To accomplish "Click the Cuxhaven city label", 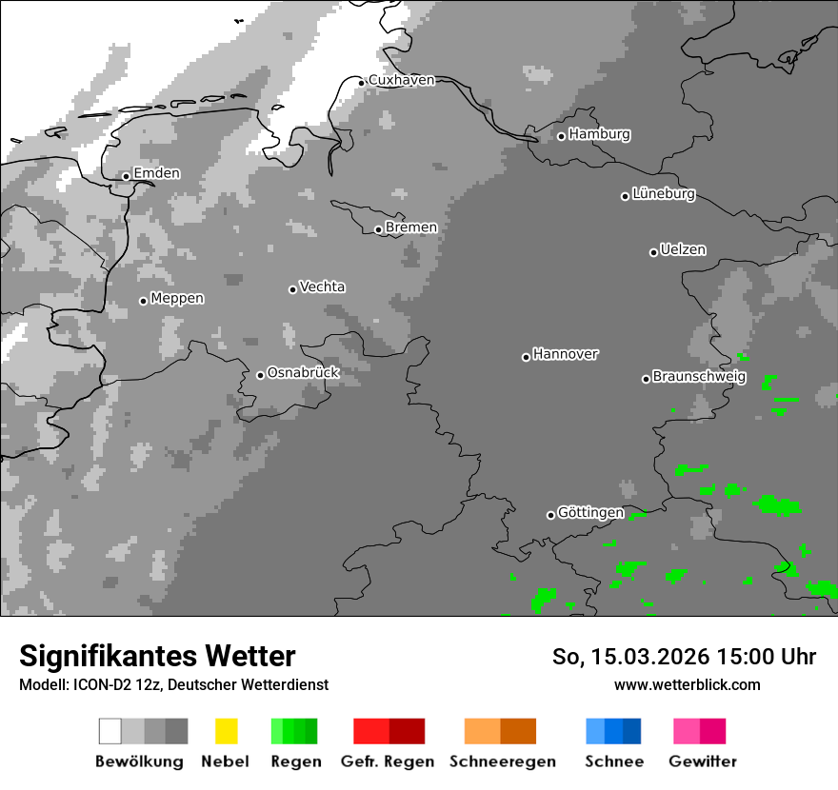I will click(401, 81).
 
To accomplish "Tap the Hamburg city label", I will click(599, 135).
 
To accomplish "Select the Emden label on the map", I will click(156, 174).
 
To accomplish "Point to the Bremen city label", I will click(410, 228).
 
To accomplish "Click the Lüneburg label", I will click(664, 194).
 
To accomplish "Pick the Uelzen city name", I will click(683, 250).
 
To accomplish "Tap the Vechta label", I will click(322, 287).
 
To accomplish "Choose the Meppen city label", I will click(177, 299).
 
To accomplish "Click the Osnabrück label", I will click(303, 373).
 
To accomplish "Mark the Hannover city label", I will click(565, 355).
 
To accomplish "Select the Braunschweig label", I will click(699, 377).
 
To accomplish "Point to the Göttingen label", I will click(590, 513).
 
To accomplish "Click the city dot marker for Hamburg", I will click(561, 136).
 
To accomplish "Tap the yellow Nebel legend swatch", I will click(226, 731).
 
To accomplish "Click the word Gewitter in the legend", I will click(703, 761).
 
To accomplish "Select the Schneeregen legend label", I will click(502, 761).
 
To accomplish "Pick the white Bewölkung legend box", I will click(110, 731).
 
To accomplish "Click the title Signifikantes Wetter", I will click(157, 657).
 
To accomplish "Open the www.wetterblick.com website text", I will click(687, 684).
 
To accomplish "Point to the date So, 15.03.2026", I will click(628, 657).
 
